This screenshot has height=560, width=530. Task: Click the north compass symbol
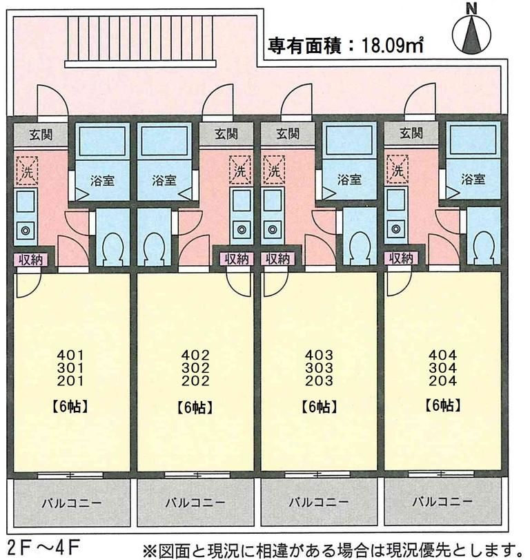click(x=473, y=34)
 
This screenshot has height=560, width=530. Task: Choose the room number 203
click(x=319, y=380)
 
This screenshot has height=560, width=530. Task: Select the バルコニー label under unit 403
click(x=318, y=501)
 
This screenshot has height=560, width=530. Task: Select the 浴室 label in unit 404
click(x=472, y=180)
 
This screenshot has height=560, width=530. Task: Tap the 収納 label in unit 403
click(x=277, y=259)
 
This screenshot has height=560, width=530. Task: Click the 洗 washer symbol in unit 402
click(x=240, y=168)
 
